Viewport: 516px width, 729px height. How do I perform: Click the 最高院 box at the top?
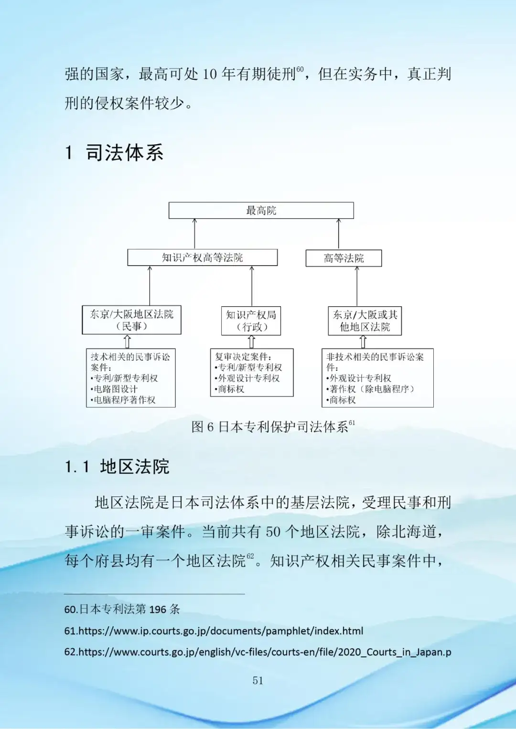click(x=261, y=210)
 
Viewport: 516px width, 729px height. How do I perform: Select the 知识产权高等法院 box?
click(x=202, y=257)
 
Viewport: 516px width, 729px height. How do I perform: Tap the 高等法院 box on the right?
click(x=344, y=258)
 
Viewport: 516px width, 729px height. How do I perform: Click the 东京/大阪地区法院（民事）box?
click(x=131, y=320)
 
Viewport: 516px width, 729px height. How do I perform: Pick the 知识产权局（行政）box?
click(x=251, y=321)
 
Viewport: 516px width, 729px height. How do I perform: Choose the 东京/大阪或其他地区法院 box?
click(x=365, y=321)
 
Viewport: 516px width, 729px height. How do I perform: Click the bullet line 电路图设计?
click(x=115, y=389)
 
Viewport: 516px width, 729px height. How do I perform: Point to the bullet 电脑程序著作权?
click(x=123, y=400)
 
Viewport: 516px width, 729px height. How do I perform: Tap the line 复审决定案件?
click(x=243, y=357)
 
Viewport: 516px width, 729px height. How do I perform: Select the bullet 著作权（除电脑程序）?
click(x=371, y=389)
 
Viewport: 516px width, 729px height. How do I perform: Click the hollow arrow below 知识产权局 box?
click(x=251, y=342)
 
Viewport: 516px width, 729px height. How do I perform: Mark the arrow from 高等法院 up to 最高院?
click(x=339, y=234)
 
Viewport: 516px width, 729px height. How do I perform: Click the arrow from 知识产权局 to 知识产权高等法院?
click(x=252, y=286)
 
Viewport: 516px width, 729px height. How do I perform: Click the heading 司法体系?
click(x=124, y=153)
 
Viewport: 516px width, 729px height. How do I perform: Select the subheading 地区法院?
click(x=134, y=467)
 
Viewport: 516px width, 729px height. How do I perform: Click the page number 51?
click(x=258, y=680)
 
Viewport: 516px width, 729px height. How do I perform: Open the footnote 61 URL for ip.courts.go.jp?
click(x=214, y=631)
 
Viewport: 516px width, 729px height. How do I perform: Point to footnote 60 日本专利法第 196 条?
click(x=122, y=609)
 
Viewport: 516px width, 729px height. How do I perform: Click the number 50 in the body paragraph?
click(x=273, y=531)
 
